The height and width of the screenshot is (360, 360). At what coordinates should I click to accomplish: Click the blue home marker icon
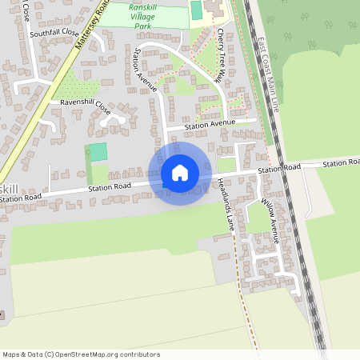tap(179, 173)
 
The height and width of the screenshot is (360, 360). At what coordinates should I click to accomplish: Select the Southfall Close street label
tap(54, 34)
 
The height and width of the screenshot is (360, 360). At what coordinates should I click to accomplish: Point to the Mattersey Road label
tap(90, 27)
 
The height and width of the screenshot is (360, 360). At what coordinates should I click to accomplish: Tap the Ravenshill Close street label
tap(80, 103)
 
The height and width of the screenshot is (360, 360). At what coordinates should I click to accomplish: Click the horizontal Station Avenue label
tap(210, 125)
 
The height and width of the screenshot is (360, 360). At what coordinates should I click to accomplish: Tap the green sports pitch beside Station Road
tap(98, 151)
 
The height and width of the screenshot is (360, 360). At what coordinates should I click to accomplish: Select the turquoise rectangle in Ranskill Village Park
tap(196, 10)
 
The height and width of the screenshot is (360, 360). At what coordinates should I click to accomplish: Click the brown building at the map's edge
tap(2, 313)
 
